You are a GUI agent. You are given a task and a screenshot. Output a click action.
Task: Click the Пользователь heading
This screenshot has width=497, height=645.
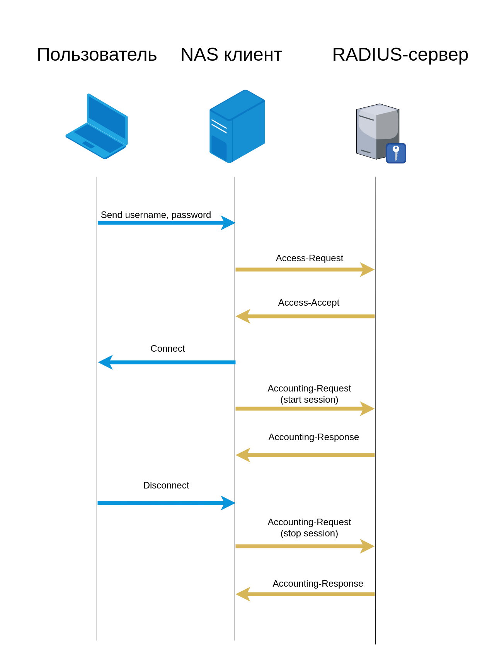pyautogui.click(x=97, y=55)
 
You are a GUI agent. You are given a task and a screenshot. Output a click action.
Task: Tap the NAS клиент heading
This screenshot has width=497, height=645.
pyautogui.click(x=231, y=55)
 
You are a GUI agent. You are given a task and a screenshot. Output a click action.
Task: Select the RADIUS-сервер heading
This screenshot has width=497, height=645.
pyautogui.click(x=400, y=55)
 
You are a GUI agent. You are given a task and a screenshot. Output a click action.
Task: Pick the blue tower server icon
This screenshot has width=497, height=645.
pyautogui.click(x=237, y=126)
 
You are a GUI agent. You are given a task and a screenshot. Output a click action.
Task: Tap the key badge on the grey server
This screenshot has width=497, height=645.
pyautogui.click(x=396, y=153)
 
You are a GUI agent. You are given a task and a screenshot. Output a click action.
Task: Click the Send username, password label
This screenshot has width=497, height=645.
pyautogui.click(x=156, y=215)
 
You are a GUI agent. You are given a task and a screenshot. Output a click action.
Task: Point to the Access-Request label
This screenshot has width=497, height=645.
pyautogui.click(x=309, y=258)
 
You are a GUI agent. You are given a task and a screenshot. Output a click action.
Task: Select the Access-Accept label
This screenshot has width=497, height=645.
pyautogui.click(x=308, y=303)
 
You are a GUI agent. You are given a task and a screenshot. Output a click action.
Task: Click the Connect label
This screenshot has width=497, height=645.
pyautogui.click(x=167, y=349)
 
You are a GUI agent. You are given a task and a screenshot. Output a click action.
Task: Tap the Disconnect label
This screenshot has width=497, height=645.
pyautogui.click(x=166, y=485)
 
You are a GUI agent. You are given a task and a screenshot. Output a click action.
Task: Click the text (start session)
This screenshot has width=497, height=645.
pyautogui.click(x=309, y=400)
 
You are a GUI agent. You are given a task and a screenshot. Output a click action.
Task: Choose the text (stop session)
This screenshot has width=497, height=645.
pyautogui.click(x=309, y=533)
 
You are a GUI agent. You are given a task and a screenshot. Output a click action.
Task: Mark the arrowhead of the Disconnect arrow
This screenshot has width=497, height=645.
pyautogui.click(x=228, y=503)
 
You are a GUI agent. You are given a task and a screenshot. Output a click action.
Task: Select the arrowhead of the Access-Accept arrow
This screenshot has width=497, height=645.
pyautogui.click(x=243, y=316)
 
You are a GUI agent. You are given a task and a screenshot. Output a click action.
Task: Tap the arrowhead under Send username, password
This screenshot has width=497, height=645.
pyautogui.click(x=228, y=223)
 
